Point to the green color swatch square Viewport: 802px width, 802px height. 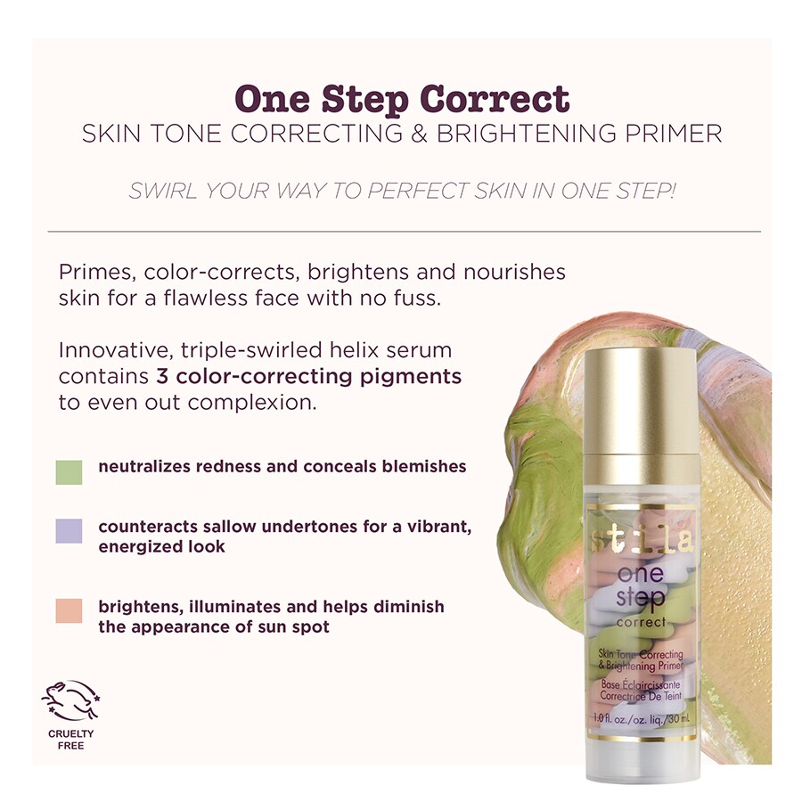point(69,471)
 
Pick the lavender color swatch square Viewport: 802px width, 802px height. point(69,531)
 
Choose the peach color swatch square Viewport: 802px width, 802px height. point(69,610)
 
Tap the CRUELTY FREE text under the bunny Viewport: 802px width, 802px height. point(70,740)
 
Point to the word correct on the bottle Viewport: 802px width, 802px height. point(639,621)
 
